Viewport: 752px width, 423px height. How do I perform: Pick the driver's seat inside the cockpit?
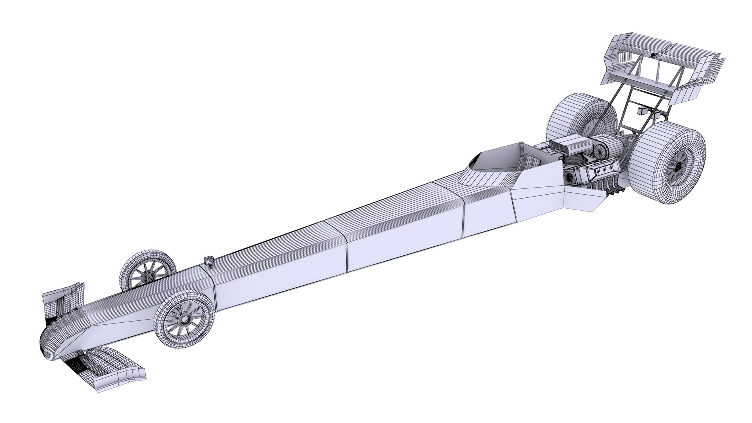coord(531,161)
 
